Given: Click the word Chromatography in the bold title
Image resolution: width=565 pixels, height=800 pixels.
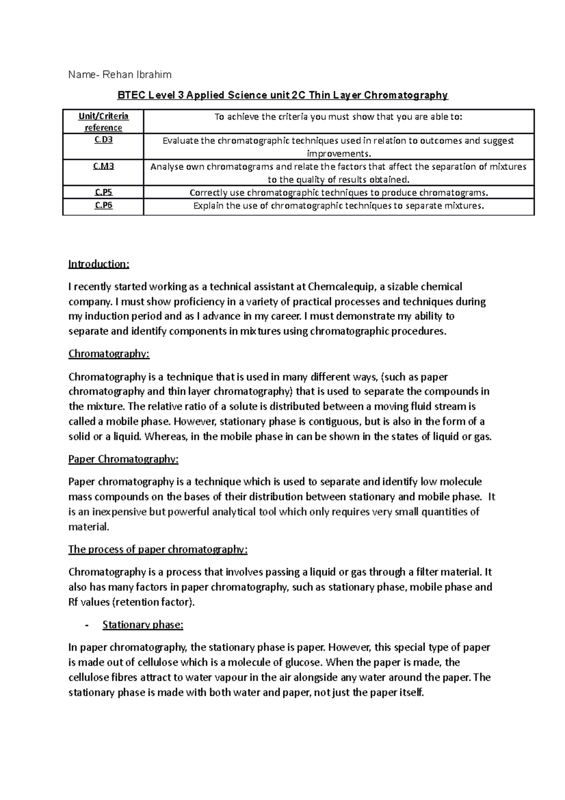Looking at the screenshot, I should pyautogui.click(x=408, y=96).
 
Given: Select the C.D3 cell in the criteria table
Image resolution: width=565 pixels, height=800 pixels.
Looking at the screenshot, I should pyautogui.click(x=104, y=140).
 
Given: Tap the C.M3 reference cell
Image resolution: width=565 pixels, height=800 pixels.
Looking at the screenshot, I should pyautogui.click(x=104, y=166).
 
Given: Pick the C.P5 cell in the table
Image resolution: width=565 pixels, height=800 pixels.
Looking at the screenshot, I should pyautogui.click(x=104, y=192).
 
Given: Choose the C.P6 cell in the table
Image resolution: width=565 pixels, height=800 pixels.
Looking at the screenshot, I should pyautogui.click(x=104, y=205).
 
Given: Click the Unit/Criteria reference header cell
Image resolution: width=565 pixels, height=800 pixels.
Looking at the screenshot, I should pyautogui.click(x=104, y=122).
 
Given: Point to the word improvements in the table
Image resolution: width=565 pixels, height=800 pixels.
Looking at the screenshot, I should pyautogui.click(x=338, y=154).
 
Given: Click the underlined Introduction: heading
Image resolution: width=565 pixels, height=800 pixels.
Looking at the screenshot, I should pyautogui.click(x=98, y=264).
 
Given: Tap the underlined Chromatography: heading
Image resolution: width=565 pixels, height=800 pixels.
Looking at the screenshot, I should pyautogui.click(x=109, y=354).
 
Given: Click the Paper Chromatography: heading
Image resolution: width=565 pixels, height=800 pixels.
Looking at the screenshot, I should pyautogui.click(x=123, y=459).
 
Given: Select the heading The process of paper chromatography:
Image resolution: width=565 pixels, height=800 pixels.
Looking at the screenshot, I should pyautogui.click(x=158, y=550).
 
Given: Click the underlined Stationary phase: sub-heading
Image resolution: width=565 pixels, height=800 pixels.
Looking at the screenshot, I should pyautogui.click(x=143, y=625).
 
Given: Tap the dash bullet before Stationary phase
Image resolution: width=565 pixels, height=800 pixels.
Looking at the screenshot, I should pyautogui.click(x=87, y=626).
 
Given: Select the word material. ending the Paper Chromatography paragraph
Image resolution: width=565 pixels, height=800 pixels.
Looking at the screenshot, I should pyautogui.click(x=89, y=527).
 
